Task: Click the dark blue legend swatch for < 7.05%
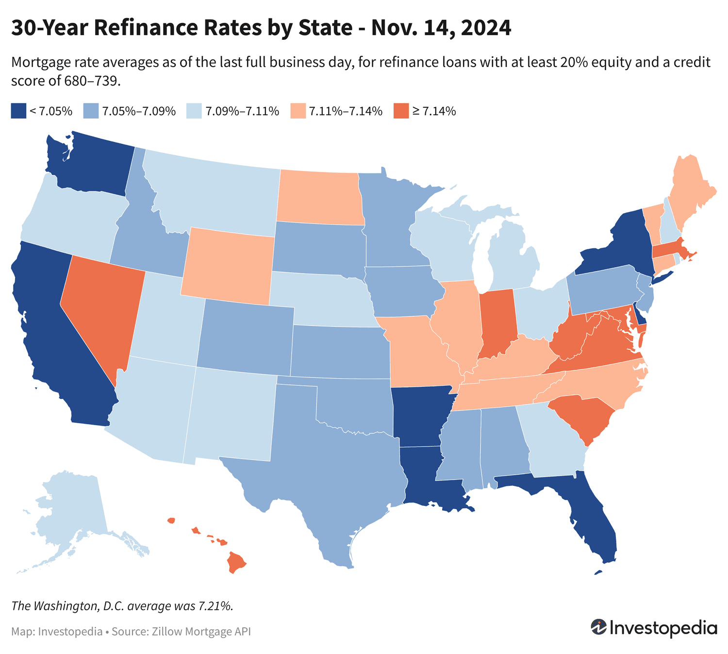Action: (18, 111)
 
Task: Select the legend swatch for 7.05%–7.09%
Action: (91, 111)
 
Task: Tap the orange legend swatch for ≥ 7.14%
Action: (401, 111)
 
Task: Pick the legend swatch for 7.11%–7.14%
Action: (298, 111)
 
